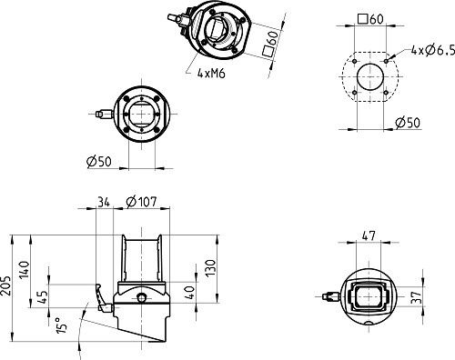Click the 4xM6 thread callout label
(211, 73)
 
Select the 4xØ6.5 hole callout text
(433, 50)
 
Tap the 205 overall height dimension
(5, 285)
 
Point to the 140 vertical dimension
(25, 269)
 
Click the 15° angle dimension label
(61, 325)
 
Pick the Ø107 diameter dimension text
(141, 202)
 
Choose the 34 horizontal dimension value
(104, 202)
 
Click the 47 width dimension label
(369, 235)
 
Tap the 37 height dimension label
(418, 297)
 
